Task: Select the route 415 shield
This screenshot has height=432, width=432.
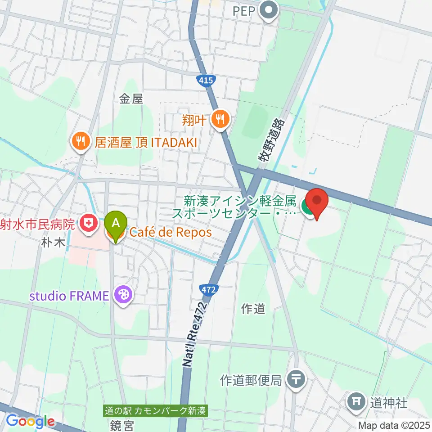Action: click(205, 80)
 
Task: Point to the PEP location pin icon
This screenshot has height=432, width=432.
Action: click(269, 11)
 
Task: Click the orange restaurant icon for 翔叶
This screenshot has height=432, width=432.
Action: click(220, 120)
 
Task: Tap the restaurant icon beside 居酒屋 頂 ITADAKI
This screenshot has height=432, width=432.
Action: click(81, 142)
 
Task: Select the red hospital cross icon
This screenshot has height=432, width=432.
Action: click(87, 224)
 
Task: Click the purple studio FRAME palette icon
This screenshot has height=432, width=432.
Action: click(121, 296)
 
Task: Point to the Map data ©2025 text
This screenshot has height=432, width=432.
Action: click(394, 425)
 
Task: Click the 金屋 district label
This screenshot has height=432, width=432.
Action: click(131, 99)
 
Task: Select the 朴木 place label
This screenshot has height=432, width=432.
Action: click(54, 242)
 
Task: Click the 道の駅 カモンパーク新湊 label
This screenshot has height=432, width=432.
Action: click(155, 411)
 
